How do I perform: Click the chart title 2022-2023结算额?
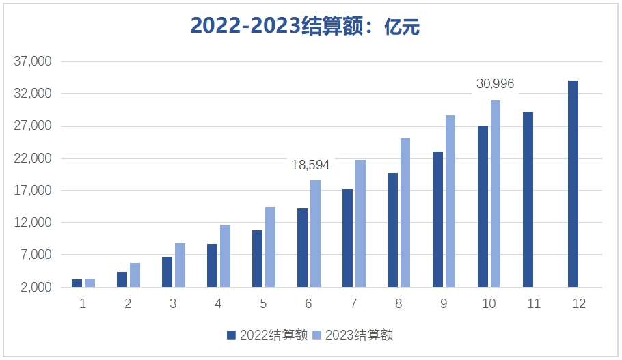point(304,26)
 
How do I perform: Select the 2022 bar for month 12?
point(573,184)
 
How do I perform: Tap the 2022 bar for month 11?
point(528,199)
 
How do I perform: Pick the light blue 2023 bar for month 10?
point(496,193)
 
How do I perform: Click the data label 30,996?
point(495,84)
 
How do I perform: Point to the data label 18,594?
point(310,165)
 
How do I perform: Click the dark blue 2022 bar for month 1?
point(77,283)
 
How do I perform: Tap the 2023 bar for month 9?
point(450,201)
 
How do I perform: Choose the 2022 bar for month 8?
point(392,230)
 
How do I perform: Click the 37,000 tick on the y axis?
point(33,61)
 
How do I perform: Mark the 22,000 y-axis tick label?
point(33,158)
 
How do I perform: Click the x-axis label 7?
point(353,304)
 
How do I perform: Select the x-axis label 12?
point(579,304)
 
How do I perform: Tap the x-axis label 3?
point(173,304)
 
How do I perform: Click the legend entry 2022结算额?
point(267,335)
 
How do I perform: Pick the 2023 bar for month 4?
point(225,256)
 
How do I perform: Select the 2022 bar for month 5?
point(257,259)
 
